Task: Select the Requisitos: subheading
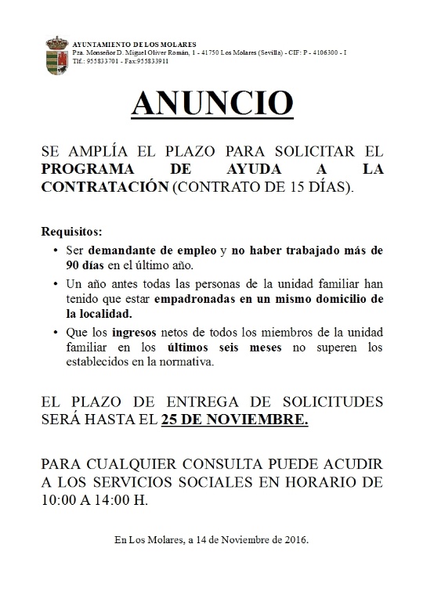point(70,233)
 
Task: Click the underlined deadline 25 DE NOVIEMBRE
point(233,420)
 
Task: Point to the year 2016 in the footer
point(294,539)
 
